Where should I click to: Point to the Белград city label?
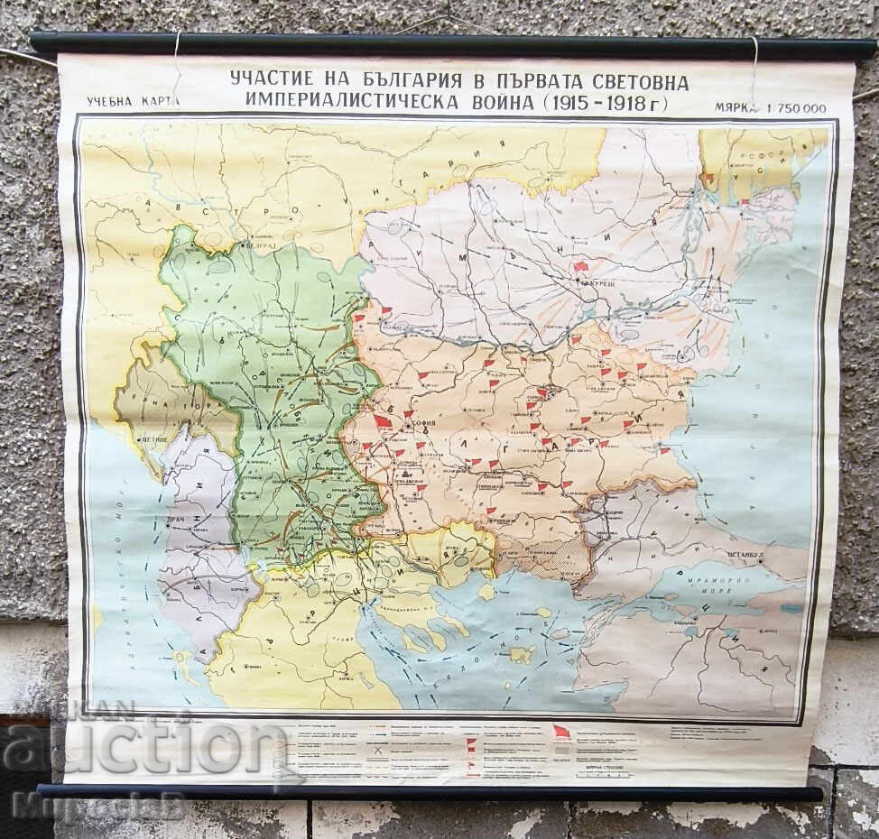click(x=261, y=245)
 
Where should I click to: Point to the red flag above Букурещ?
click(x=579, y=267)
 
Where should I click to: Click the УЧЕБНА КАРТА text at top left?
click(x=134, y=101)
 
